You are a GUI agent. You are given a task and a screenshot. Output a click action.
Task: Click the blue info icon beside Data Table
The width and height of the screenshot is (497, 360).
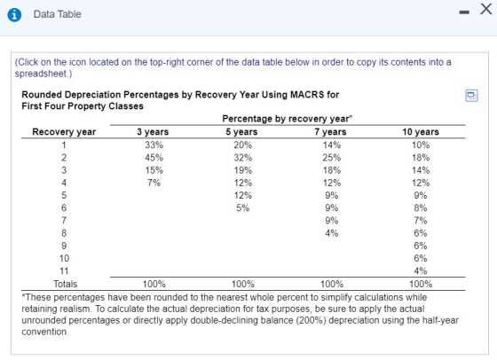pyautogui.click(x=14, y=14)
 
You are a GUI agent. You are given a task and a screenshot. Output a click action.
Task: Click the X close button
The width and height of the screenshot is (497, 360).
pyautogui.click(x=486, y=9)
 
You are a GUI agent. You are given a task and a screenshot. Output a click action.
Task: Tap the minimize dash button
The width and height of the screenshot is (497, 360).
pyautogui.click(x=464, y=12)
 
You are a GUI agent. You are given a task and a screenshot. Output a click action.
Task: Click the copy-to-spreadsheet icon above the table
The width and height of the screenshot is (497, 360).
pyautogui.click(x=471, y=95)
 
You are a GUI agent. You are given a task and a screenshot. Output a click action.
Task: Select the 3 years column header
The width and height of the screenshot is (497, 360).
pyautogui.click(x=153, y=132)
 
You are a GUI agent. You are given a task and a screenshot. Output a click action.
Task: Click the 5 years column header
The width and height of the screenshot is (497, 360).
pyautogui.click(x=241, y=132)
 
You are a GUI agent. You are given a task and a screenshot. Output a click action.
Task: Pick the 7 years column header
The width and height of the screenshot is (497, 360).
pyautogui.click(x=330, y=132)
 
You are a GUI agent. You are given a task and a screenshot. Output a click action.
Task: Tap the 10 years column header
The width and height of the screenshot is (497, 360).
pyautogui.click(x=421, y=132)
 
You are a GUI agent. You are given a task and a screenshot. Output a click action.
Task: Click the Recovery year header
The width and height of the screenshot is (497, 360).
pyautogui.click(x=64, y=132)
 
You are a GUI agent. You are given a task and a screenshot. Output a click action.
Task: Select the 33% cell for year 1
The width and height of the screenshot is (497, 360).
pyautogui.click(x=154, y=145)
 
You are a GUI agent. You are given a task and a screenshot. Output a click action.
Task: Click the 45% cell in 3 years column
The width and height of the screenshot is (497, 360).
pyautogui.click(x=154, y=158)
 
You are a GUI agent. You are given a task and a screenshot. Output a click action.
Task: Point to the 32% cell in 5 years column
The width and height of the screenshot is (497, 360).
pyautogui.click(x=243, y=158)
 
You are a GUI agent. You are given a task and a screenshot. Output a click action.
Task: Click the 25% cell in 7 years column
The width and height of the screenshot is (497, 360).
pyautogui.click(x=332, y=158)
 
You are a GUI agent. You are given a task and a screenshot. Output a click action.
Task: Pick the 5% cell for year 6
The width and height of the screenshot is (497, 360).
pyautogui.click(x=243, y=208)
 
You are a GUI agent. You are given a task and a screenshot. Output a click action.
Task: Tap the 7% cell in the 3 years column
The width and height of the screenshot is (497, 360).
pyautogui.click(x=154, y=183)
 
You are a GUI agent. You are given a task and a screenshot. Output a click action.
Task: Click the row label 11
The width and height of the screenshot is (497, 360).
pyautogui.click(x=64, y=271)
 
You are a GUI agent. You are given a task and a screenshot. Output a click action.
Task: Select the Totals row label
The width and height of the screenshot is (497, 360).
pyautogui.click(x=65, y=284)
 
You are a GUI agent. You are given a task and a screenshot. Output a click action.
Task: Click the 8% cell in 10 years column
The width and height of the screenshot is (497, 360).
pyautogui.click(x=421, y=208)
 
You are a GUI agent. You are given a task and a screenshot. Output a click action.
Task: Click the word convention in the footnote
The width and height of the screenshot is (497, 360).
pyautogui.click(x=44, y=332)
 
